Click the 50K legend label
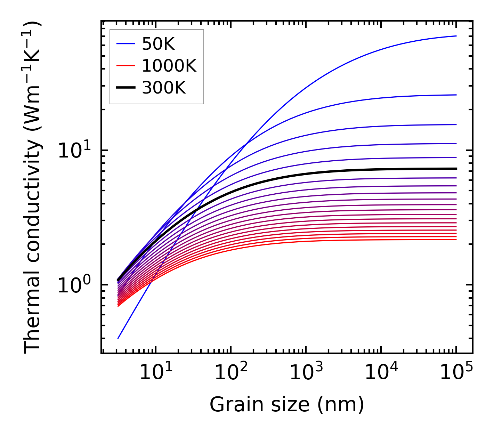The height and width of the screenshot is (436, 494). pyautogui.click(x=158, y=44)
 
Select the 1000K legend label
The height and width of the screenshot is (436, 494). pyautogui.click(x=169, y=66)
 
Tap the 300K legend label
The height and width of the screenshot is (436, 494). pyautogui.click(x=164, y=88)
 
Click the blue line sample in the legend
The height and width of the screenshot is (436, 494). pyautogui.click(x=125, y=44)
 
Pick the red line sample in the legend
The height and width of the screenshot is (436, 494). pyautogui.click(x=125, y=66)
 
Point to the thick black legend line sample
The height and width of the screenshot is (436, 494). pyautogui.click(x=125, y=88)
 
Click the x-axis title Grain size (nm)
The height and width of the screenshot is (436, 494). pyautogui.click(x=287, y=405)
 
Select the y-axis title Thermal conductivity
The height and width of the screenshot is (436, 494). pyautogui.click(x=33, y=188)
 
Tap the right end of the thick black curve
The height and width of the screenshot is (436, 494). pyautogui.click(x=456, y=169)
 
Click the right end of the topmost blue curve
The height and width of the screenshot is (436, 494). pyautogui.click(x=456, y=36)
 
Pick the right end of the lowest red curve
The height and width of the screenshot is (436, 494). pyautogui.click(x=456, y=240)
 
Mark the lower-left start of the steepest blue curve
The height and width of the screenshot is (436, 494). pyautogui.click(x=119, y=338)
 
